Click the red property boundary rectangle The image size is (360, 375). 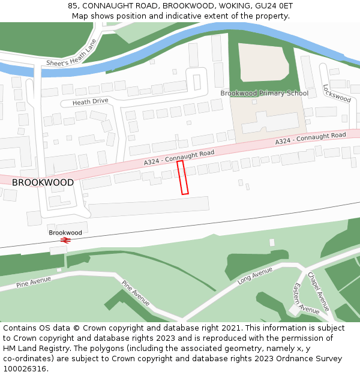pyautogui.click(x=182, y=178)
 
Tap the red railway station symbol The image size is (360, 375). pyautogui.click(x=65, y=240)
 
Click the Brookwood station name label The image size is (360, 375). pyautogui.click(x=65, y=232)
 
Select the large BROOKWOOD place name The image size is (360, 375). pyautogui.click(x=43, y=182)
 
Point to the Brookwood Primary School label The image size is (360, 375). pyautogui.click(x=264, y=93)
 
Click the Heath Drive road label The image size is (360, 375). pyautogui.click(x=90, y=102)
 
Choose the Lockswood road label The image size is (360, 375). pyautogui.click(x=336, y=93)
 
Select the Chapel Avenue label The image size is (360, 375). pyautogui.click(x=318, y=292)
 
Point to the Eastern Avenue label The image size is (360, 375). pyautogui.click(x=305, y=298)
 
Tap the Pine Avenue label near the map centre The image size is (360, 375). pyautogui.click(x=136, y=293)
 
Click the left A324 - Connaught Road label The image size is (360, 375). pyautogui.click(x=179, y=158)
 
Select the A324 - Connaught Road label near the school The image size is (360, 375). pyautogui.click(x=310, y=139)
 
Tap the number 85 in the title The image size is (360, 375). pyautogui.click(x=73, y=5)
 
